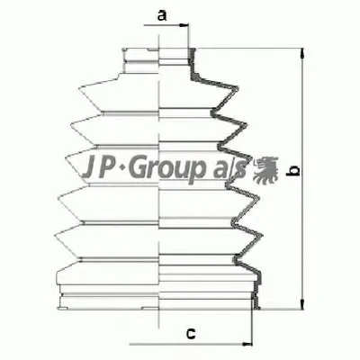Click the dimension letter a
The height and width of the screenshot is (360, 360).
(161, 15)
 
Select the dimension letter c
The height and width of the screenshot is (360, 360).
(190, 334)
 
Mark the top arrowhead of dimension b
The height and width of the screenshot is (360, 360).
(301, 51)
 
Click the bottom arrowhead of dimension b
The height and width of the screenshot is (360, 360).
(301, 303)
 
